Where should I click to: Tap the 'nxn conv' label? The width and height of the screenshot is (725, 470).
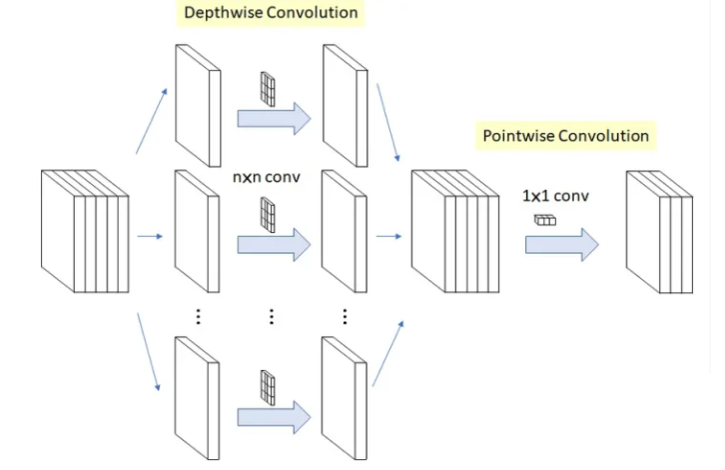267,177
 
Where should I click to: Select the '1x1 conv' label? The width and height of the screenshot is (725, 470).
555,196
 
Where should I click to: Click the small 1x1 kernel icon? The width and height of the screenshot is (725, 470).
545,220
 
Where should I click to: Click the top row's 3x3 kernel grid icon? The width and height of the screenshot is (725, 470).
268,89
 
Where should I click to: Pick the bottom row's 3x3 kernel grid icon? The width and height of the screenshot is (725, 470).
268,388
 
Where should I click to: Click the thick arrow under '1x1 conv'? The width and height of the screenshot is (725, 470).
562,244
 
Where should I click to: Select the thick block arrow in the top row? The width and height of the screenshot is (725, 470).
274,119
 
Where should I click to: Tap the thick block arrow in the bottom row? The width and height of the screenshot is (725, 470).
274,417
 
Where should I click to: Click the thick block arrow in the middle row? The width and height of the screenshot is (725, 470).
274,244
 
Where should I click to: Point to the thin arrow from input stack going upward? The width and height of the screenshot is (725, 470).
151,121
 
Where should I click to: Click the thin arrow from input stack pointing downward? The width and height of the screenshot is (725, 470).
149,352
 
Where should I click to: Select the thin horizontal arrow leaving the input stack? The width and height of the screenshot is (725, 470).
150,237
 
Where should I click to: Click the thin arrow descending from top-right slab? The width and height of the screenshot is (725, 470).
387,123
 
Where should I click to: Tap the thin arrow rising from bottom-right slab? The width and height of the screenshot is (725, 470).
387,353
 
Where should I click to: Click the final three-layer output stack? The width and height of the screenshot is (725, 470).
659,232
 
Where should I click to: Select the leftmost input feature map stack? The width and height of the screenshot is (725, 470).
85,231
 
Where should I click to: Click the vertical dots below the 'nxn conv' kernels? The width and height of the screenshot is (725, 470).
272,316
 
